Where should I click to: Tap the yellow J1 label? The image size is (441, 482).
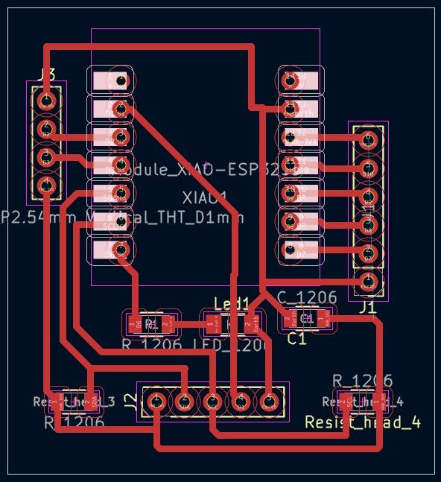366,307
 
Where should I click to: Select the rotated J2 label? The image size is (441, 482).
130,402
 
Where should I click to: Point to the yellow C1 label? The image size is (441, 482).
297,338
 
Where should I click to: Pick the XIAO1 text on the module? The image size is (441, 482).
204,198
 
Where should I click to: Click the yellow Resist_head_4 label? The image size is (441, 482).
363,422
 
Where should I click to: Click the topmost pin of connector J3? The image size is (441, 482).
46,99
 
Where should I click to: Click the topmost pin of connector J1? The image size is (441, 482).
367,139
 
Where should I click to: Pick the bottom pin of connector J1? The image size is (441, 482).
367,282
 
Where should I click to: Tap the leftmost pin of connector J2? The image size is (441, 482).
156,402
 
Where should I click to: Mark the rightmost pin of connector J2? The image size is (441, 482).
268,402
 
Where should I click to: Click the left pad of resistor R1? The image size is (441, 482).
136,323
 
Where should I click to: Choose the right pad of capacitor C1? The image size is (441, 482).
325,320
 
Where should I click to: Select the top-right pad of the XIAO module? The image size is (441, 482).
300,78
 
